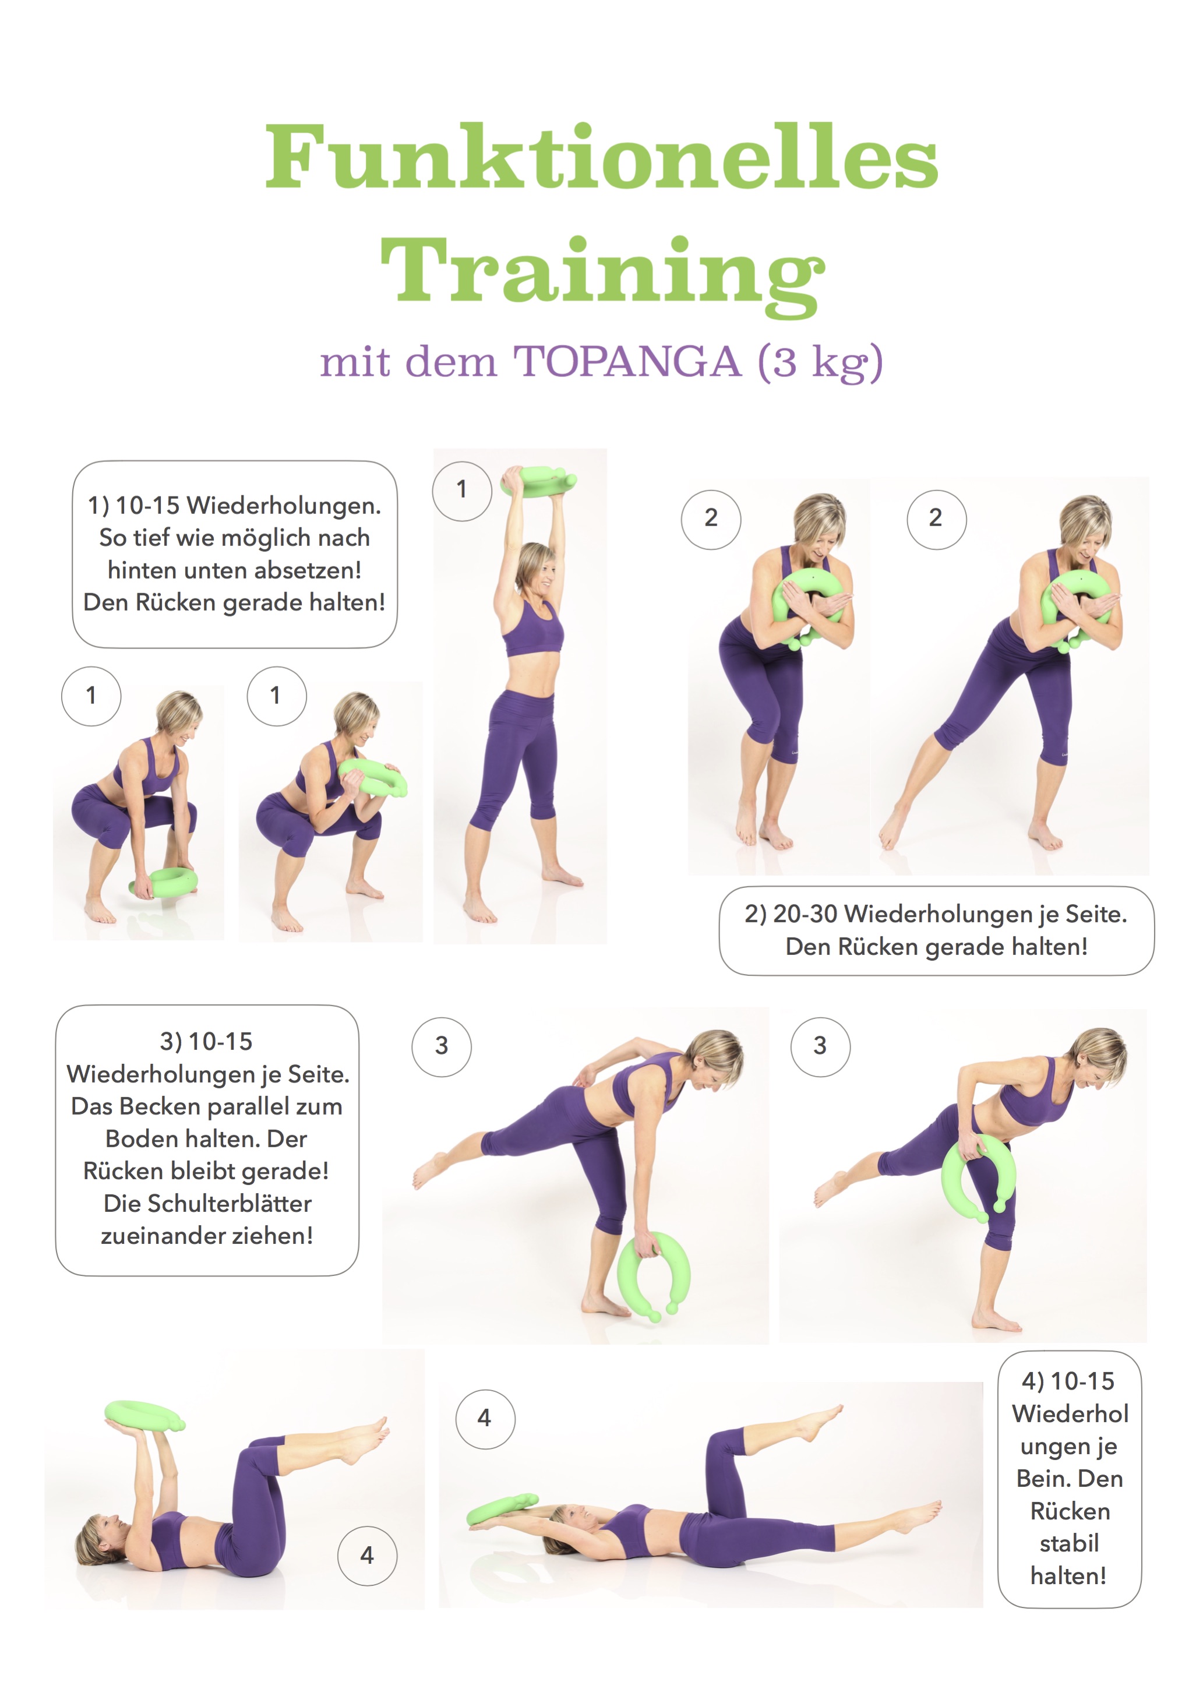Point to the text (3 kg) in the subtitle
click(x=820, y=363)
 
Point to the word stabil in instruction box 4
click(x=1069, y=1543)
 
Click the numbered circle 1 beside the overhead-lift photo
click(x=462, y=491)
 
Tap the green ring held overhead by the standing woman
click(x=538, y=481)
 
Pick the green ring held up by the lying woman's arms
click(x=144, y=1413)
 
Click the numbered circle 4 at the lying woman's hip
click(x=367, y=1556)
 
